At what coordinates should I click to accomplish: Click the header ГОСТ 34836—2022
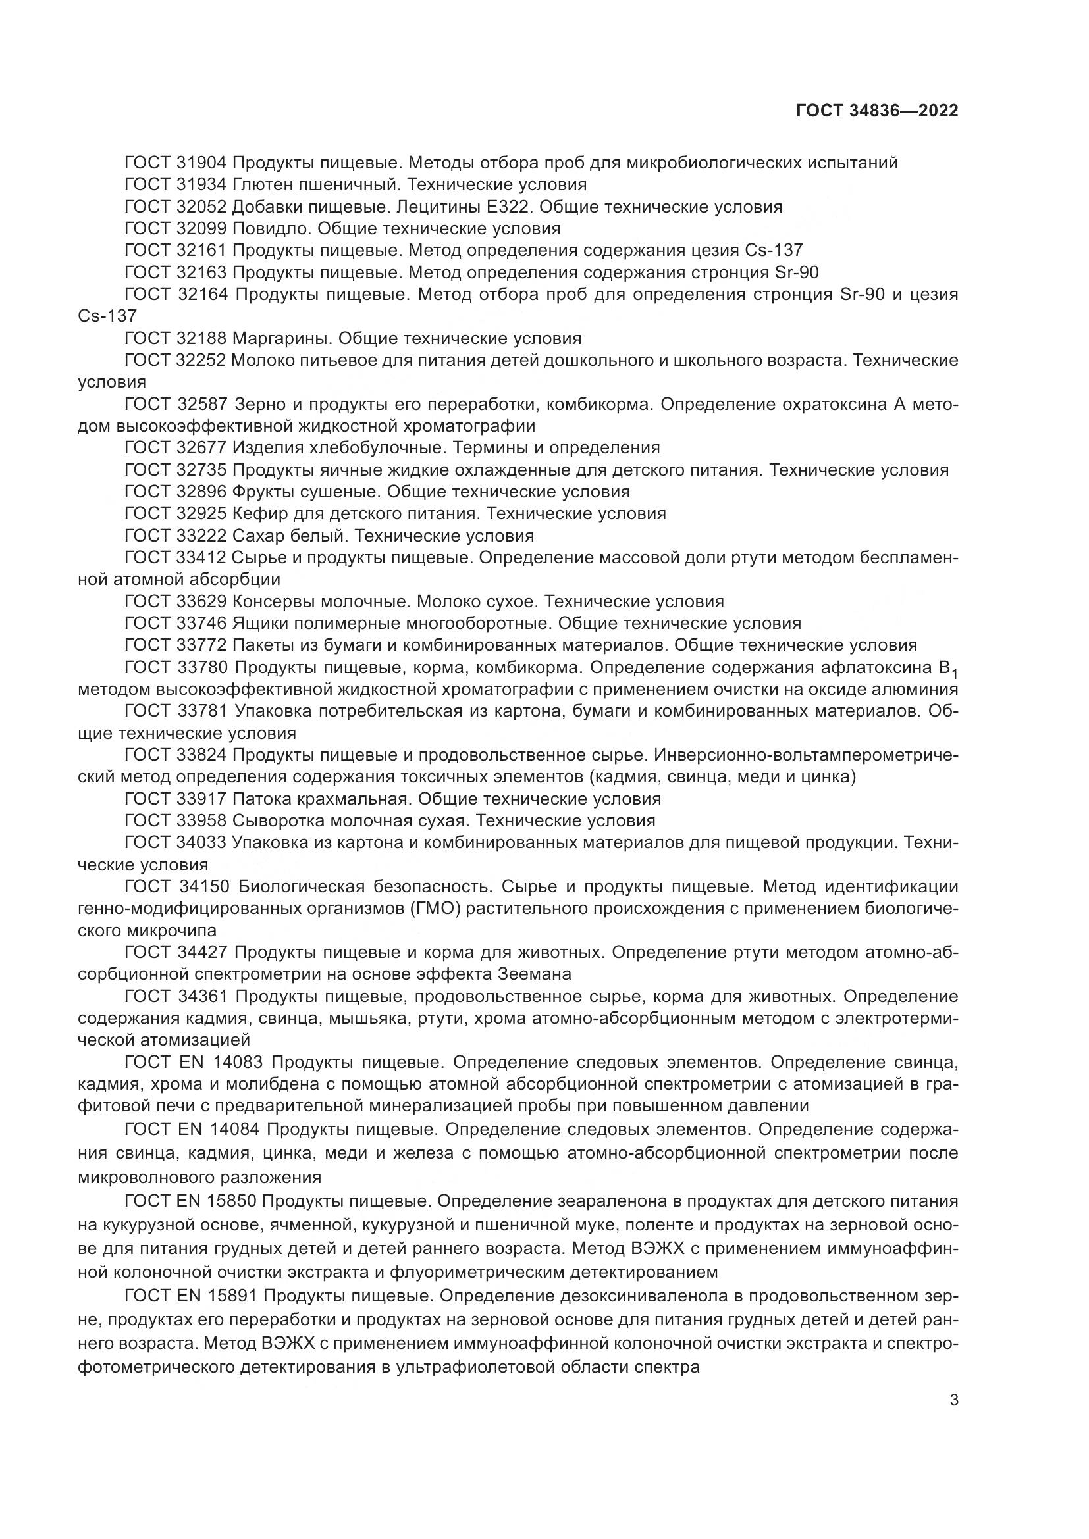pyautogui.click(x=876, y=111)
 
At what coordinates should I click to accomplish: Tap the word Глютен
pyautogui.click(x=262, y=185)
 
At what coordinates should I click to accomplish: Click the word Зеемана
pyautogui.click(x=535, y=974)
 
